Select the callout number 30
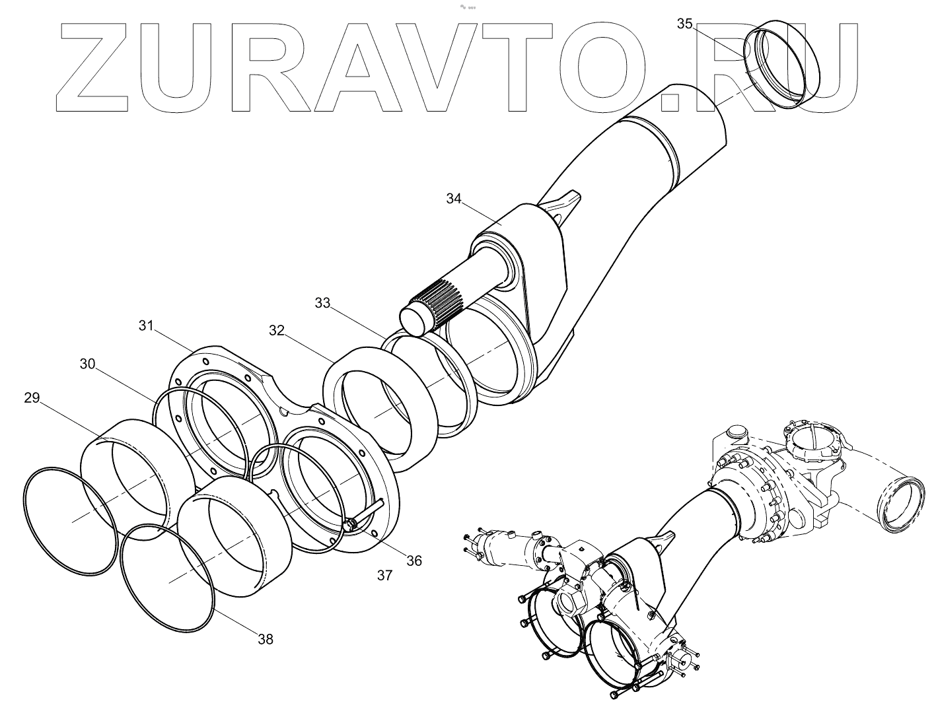(88, 364)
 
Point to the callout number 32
(276, 330)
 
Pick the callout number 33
(322, 302)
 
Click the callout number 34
(454, 198)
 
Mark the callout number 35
(685, 24)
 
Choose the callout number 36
(414, 561)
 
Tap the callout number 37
(385, 575)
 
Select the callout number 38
(266, 638)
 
